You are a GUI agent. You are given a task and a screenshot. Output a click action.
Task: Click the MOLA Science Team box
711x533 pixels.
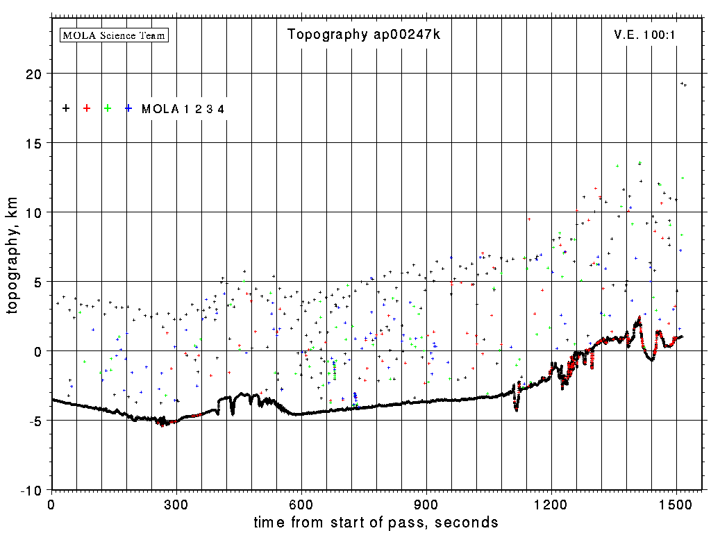[115, 35]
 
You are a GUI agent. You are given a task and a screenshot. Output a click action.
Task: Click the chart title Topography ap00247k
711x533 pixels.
[364, 35]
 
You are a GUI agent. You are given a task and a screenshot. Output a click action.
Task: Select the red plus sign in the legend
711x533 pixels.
[87, 108]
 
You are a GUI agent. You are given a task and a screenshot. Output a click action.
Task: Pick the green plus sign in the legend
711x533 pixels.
[108, 108]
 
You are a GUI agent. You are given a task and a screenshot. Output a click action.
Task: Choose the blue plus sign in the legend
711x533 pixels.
[128, 108]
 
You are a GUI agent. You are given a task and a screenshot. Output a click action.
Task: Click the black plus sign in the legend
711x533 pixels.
[66, 108]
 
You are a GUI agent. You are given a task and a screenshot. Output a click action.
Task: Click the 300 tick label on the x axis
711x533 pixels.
[176, 502]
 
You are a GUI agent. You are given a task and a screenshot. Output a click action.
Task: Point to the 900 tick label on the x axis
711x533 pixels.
[426, 502]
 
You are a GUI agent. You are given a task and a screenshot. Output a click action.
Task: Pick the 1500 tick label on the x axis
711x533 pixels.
[676, 502]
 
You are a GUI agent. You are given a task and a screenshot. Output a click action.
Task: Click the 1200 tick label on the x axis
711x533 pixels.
[551, 502]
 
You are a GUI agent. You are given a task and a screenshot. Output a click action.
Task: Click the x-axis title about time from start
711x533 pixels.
[376, 522]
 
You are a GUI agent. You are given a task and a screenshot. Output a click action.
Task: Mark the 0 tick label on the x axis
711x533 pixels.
[51, 502]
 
